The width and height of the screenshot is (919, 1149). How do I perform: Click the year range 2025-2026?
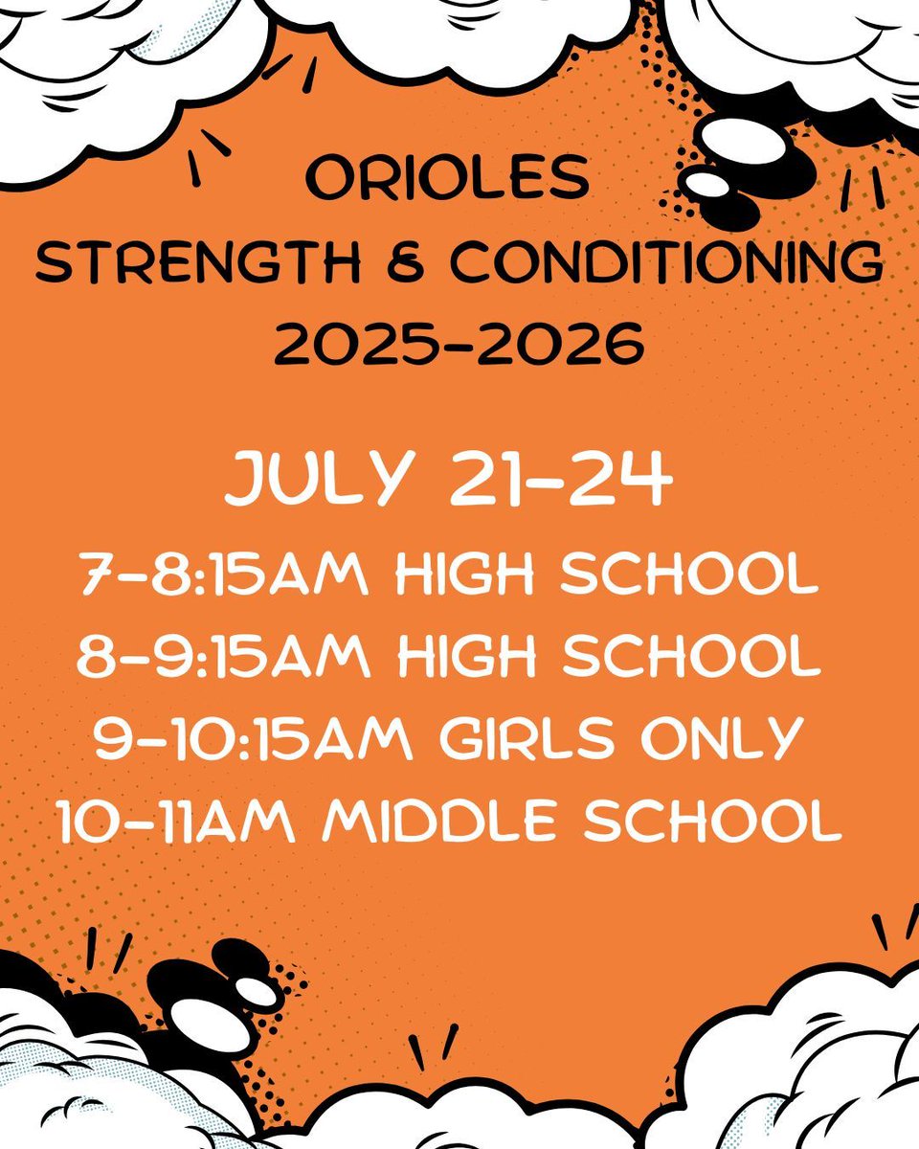(459, 346)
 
